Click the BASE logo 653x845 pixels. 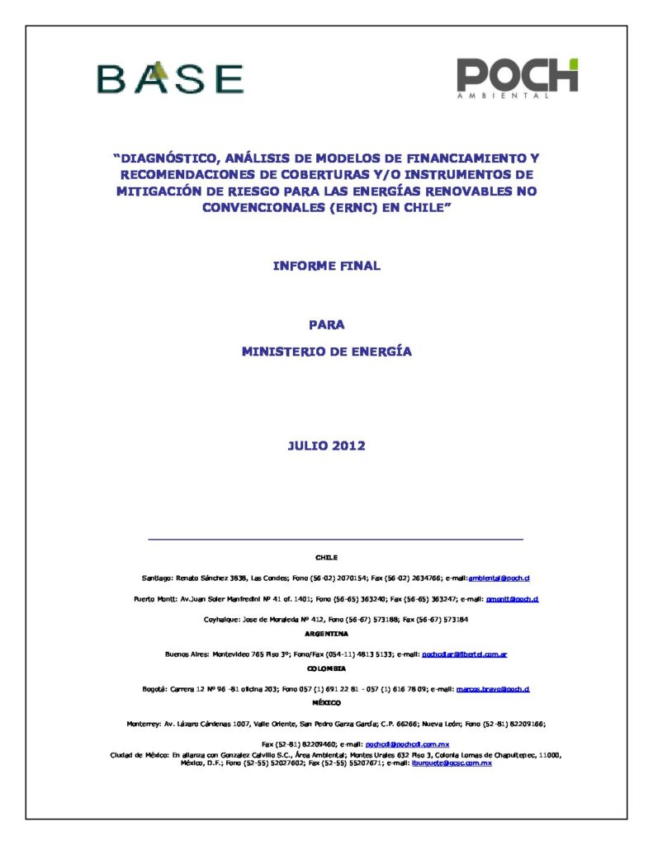(170, 78)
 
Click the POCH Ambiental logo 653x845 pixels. (518, 78)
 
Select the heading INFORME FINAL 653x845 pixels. (326, 266)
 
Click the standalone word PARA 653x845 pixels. (327, 325)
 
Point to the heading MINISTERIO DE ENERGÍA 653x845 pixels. (326, 352)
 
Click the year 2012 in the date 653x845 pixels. (348, 446)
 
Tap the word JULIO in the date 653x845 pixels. (307, 446)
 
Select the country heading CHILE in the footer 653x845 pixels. (326, 558)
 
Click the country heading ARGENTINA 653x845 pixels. (326, 634)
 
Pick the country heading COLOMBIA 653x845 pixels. (326, 668)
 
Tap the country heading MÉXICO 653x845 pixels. (326, 702)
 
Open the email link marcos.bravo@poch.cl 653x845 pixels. (493, 688)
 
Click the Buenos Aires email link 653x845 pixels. (464, 654)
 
